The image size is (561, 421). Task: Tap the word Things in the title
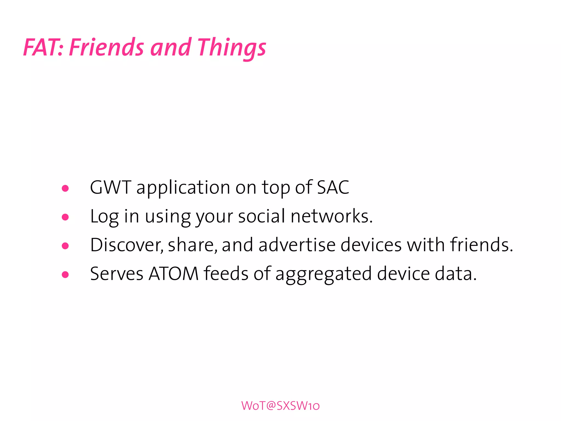(231, 47)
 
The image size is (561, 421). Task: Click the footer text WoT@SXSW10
(280, 406)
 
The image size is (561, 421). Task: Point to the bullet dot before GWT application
(65, 188)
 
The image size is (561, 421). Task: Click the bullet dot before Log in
(65, 217)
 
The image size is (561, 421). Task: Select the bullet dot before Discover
(65, 246)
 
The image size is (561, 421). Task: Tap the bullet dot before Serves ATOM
(65, 274)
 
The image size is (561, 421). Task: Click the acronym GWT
(111, 188)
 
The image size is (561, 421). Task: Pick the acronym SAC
(333, 188)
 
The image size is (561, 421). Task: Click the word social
(262, 216)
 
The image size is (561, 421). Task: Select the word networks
(331, 216)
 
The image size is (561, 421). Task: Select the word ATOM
(173, 274)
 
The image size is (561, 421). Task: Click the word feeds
(226, 274)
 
